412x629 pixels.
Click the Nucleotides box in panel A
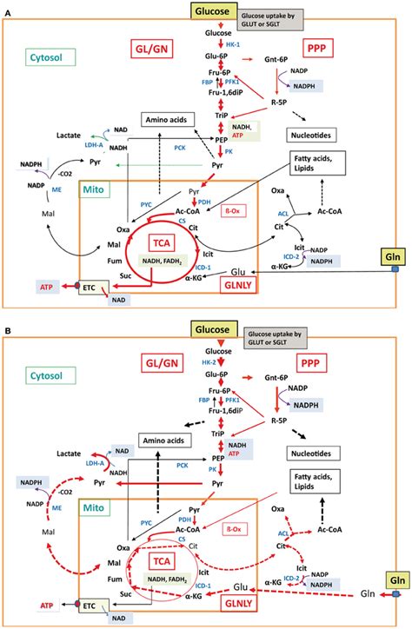316,136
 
